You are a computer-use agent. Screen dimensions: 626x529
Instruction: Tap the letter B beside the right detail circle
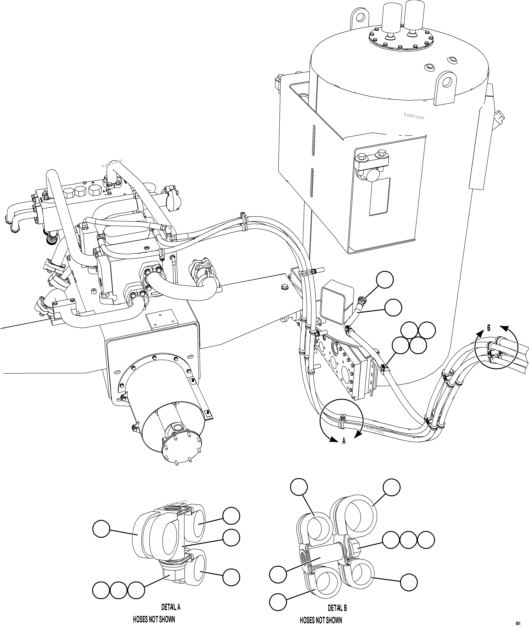tap(489, 328)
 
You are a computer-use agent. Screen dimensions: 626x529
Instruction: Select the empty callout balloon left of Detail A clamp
tap(101, 529)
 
